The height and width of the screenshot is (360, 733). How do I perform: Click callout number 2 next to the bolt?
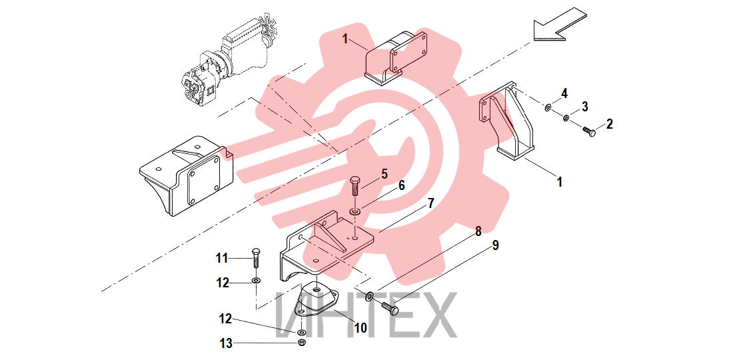coord(608,124)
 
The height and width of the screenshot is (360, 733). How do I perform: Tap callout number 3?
coord(585,107)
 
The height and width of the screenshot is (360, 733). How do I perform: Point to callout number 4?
coord(564,93)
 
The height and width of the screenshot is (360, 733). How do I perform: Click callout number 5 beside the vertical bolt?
coord(384,175)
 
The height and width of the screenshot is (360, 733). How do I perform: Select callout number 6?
coord(401,185)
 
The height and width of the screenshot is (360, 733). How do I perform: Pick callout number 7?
coord(430,203)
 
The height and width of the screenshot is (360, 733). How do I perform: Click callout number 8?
coord(478,231)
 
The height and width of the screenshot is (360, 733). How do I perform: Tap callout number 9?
coord(495,245)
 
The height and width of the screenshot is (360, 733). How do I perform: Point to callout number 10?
coord(361,328)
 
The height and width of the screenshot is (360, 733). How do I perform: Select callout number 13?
coord(227,343)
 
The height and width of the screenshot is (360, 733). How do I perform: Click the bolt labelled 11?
coord(256,257)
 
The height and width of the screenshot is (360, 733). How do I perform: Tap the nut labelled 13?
coord(302,343)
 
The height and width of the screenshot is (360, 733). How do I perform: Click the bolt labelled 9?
coord(390,307)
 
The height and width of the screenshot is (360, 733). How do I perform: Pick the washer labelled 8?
coord(369,295)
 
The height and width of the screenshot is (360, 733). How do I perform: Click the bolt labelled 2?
coord(590,132)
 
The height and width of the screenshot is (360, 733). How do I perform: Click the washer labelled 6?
coord(356,213)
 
